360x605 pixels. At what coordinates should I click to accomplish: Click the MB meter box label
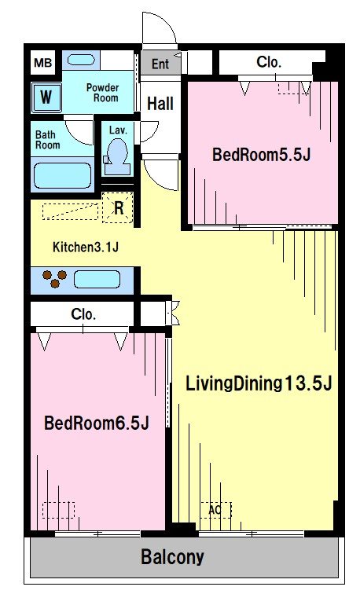(42, 63)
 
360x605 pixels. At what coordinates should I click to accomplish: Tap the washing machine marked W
(46, 97)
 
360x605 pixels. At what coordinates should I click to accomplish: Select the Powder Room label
(102, 93)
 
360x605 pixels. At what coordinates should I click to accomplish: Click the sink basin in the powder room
(81, 60)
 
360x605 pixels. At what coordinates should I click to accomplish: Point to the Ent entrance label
(160, 64)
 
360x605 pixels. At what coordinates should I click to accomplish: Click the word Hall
(160, 104)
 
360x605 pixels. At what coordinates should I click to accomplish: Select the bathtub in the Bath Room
(63, 175)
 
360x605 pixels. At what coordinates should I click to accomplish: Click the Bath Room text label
(47, 140)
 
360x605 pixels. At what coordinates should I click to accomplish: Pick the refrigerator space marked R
(119, 208)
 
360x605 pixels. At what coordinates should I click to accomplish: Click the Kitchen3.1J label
(85, 247)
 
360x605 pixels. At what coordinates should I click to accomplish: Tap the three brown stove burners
(55, 279)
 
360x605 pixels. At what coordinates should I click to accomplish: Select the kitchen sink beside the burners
(97, 280)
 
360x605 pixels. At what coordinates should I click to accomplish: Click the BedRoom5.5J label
(262, 155)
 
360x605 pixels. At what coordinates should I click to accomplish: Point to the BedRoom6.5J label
(97, 423)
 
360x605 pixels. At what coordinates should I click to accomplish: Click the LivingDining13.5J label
(259, 384)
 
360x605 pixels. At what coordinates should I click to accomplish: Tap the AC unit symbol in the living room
(216, 510)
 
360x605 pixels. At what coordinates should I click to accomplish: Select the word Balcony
(172, 557)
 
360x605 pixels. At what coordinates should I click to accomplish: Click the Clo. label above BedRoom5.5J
(269, 62)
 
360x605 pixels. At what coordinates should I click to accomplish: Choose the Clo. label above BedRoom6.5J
(83, 314)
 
